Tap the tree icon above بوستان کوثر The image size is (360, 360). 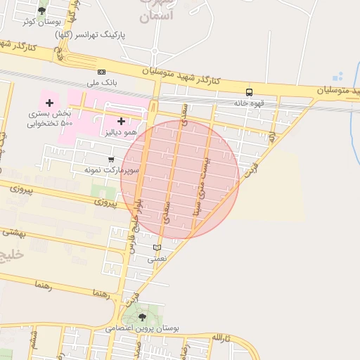pos(41,11)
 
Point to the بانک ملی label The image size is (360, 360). pos(101,83)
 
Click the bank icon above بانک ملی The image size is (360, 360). pos(101,72)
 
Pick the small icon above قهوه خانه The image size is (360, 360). pos(249,92)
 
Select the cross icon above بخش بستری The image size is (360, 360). pos(49,103)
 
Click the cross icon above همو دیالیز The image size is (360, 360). pos(121,122)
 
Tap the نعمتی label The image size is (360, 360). pos(156,259)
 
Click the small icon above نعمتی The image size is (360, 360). pos(157,247)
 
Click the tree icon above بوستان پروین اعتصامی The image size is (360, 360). pos(143,317)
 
